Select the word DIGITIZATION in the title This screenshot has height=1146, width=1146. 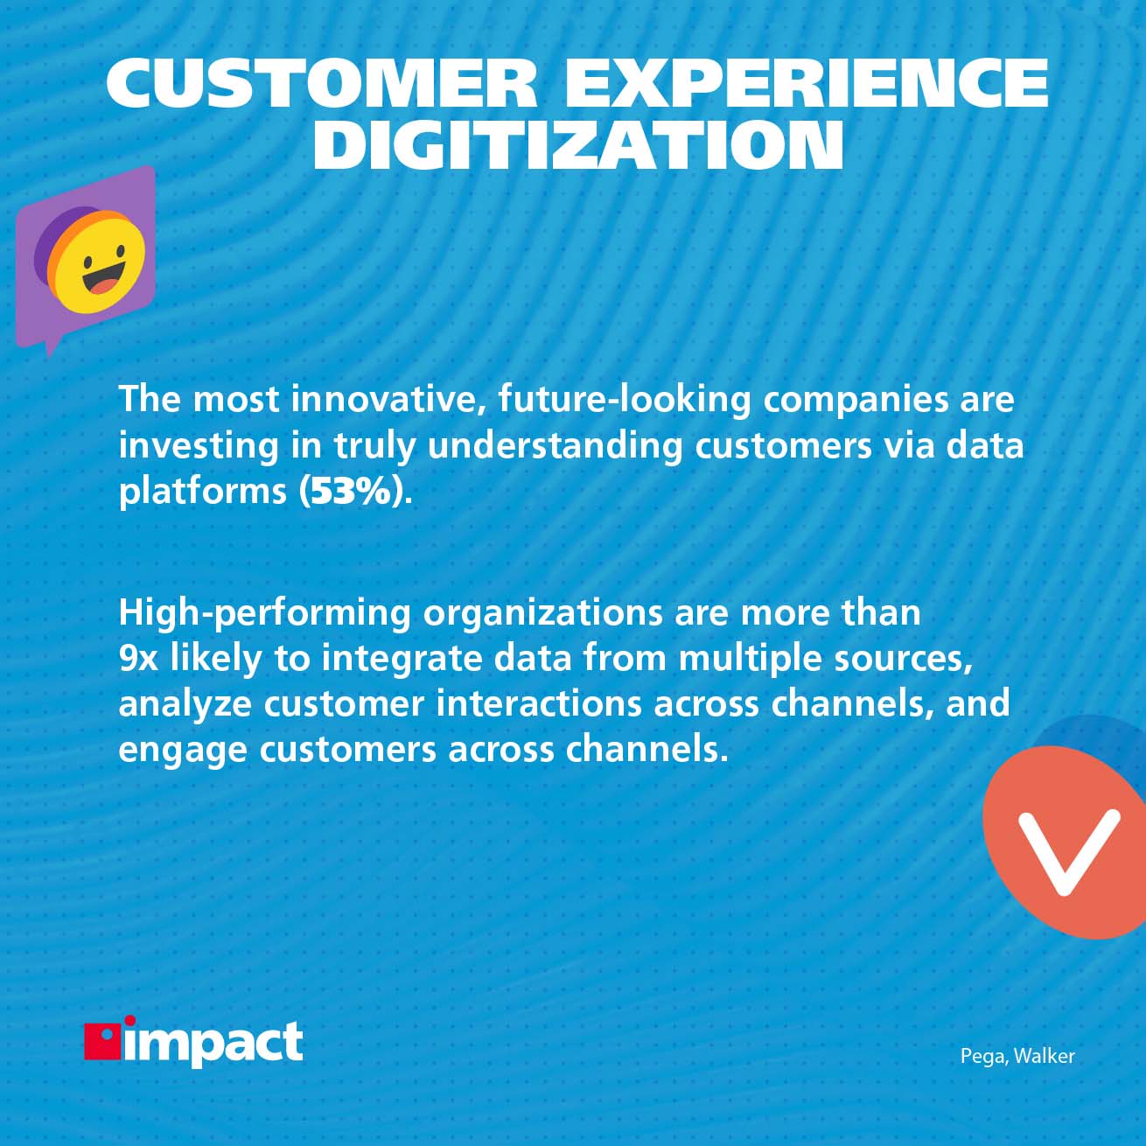(578, 145)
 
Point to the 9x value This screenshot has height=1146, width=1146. (138, 658)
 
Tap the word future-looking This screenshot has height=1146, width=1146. (625, 399)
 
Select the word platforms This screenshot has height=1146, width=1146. (202, 492)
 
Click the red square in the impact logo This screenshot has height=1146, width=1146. (101, 1041)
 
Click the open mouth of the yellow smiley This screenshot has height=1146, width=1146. (105, 282)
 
